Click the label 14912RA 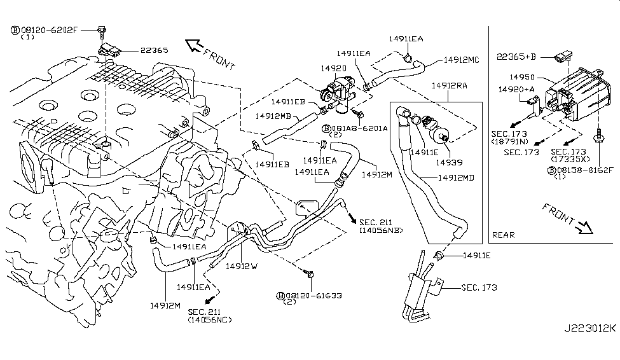pos(450,85)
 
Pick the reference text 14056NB pos(381,230)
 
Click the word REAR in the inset pos(504,235)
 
